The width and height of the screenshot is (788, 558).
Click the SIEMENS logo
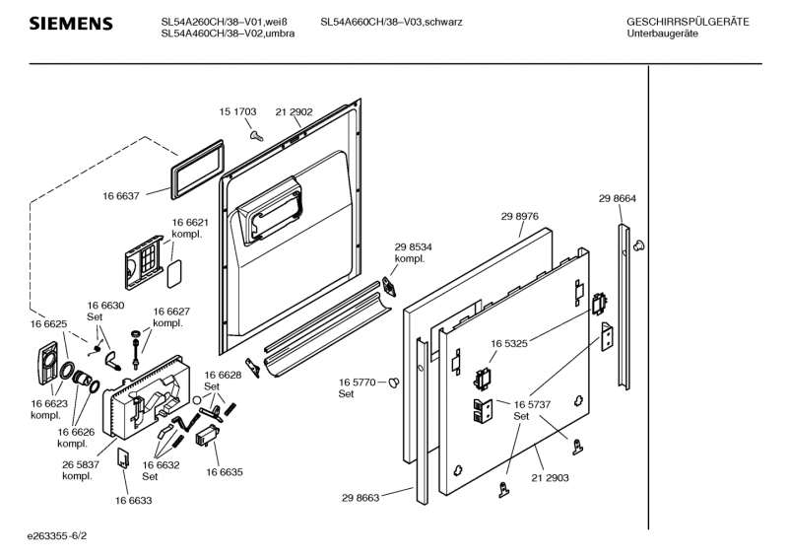pyautogui.click(x=70, y=24)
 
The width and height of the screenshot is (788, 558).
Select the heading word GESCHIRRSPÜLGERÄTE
pyautogui.click(x=688, y=22)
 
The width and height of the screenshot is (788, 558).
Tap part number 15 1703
pyautogui.click(x=237, y=112)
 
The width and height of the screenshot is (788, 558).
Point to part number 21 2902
pyautogui.click(x=294, y=112)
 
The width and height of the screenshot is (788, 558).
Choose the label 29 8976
pyautogui.click(x=519, y=216)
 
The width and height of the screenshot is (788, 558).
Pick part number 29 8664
pyautogui.click(x=618, y=199)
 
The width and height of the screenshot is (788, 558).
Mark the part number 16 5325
pyautogui.click(x=509, y=344)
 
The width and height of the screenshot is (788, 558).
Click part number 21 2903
pyautogui.click(x=551, y=477)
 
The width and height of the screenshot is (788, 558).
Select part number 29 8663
pyautogui.click(x=362, y=499)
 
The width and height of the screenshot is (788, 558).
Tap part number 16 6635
pyautogui.click(x=224, y=472)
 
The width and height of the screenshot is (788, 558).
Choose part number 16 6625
pyautogui.click(x=48, y=324)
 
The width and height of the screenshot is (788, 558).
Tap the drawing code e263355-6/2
pyautogui.click(x=64, y=537)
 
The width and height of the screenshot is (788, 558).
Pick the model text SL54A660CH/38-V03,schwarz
pyautogui.click(x=391, y=22)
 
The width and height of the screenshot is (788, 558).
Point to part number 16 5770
pyautogui.click(x=359, y=382)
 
